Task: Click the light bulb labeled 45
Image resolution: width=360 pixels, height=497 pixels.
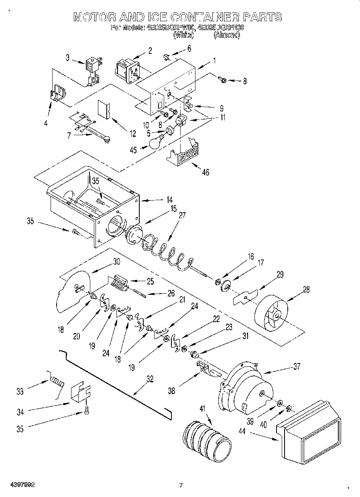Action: tap(157, 141)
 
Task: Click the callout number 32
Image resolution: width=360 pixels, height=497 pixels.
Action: tap(150, 378)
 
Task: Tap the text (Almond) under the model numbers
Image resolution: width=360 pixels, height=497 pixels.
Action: tap(227, 35)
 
